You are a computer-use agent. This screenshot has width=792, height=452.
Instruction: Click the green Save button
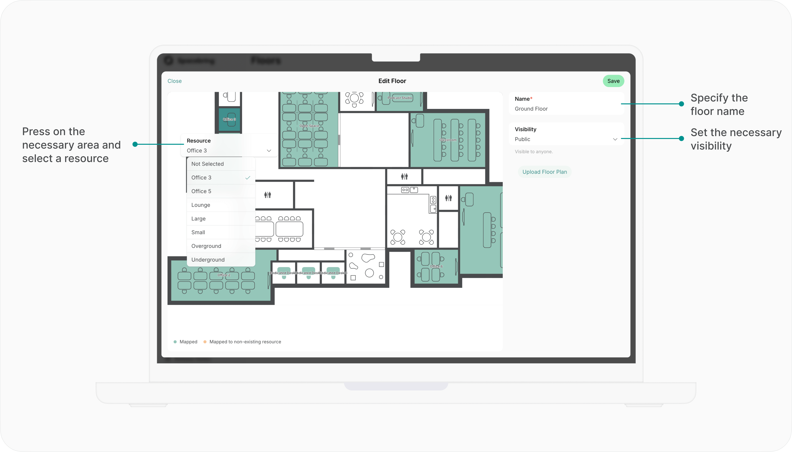613,81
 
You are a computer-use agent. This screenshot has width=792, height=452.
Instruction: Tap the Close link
174,81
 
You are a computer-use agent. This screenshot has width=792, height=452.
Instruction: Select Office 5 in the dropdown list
201,191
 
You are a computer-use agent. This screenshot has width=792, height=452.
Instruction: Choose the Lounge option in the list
200,205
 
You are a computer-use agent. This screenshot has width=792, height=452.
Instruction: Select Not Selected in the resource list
207,164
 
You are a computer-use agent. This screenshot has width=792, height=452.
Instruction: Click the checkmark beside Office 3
247,178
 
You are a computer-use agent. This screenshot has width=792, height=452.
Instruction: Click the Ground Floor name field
531,109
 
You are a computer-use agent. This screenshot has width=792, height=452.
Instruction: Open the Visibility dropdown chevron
615,139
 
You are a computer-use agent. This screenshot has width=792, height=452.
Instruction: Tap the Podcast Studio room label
400,98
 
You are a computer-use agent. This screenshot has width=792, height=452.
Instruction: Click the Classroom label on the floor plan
448,140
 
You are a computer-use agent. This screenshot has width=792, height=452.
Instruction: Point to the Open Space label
309,126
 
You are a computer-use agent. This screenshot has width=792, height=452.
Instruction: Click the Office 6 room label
436,266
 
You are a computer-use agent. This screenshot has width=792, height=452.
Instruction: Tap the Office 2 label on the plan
223,275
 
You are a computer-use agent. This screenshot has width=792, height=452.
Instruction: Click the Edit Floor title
392,81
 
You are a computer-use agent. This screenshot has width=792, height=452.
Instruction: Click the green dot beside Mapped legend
175,342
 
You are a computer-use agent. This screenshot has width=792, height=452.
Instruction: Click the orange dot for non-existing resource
205,342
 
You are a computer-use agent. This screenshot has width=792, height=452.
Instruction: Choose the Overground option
206,246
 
